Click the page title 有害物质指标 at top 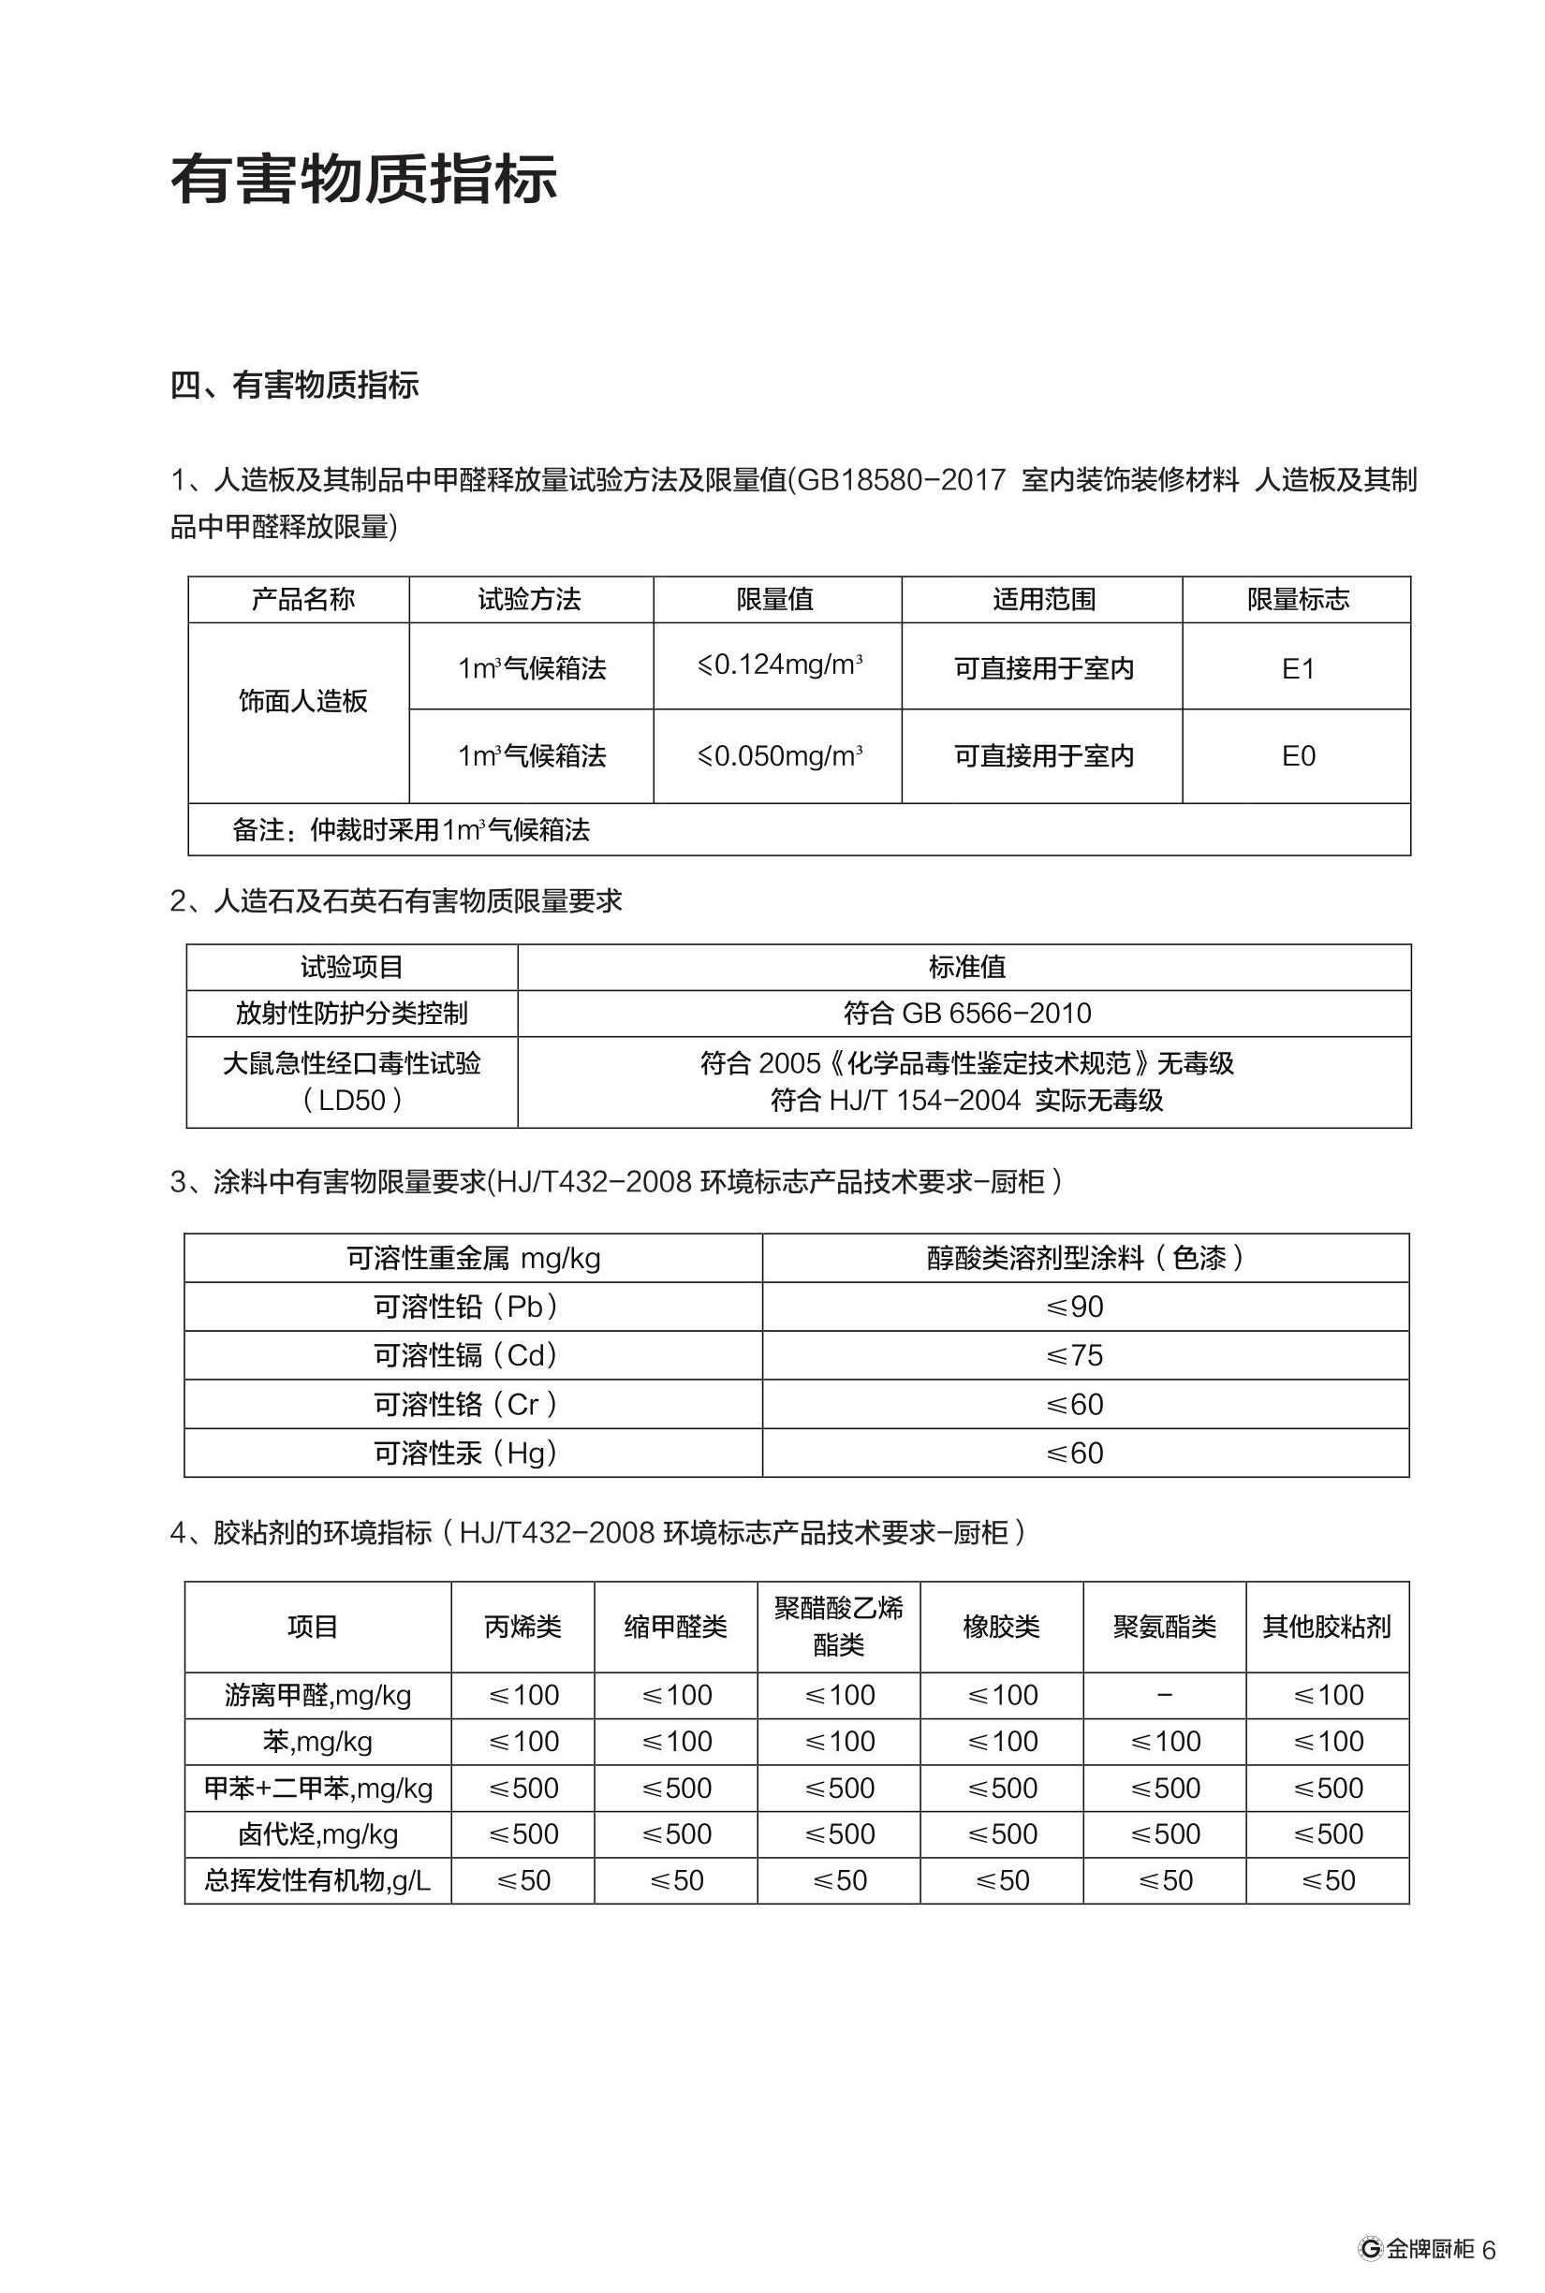364,181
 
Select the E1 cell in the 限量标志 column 1298,670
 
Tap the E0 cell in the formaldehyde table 1298,756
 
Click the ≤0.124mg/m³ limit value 778,665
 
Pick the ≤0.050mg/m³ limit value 778,756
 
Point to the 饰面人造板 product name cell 302,701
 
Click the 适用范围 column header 1043,600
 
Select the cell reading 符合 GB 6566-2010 966,1014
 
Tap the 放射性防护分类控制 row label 352,1014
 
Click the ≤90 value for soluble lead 1075,1307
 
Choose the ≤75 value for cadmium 1075,1356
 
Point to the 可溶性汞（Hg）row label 467,1453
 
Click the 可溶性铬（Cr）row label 467,1405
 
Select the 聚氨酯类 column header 1165,1627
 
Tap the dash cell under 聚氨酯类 1165,1695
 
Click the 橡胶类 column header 1001,1627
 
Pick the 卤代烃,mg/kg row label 317,1834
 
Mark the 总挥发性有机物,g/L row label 317,1880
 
